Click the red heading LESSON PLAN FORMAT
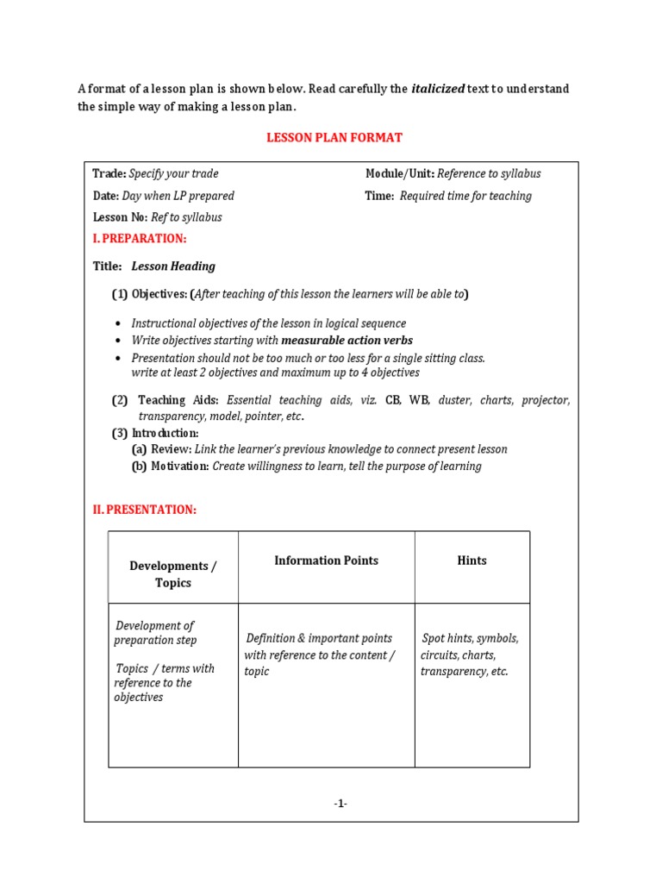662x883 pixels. [334, 138]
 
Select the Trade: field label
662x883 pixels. [109, 173]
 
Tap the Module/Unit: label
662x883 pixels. [400, 173]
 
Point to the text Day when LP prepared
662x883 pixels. [178, 196]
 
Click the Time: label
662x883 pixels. [379, 196]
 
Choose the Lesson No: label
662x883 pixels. [120, 217]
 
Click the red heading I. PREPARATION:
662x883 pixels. [139, 239]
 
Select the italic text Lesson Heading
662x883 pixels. [173, 266]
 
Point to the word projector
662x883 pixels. [545, 400]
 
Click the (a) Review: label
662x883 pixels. [161, 449]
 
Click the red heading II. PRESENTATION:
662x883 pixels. [144, 510]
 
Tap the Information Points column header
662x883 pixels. [326, 560]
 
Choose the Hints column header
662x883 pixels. [472, 560]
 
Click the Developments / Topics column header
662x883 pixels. [172, 574]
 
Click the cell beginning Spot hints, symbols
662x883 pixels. [470, 654]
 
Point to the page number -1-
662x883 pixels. [340, 804]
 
